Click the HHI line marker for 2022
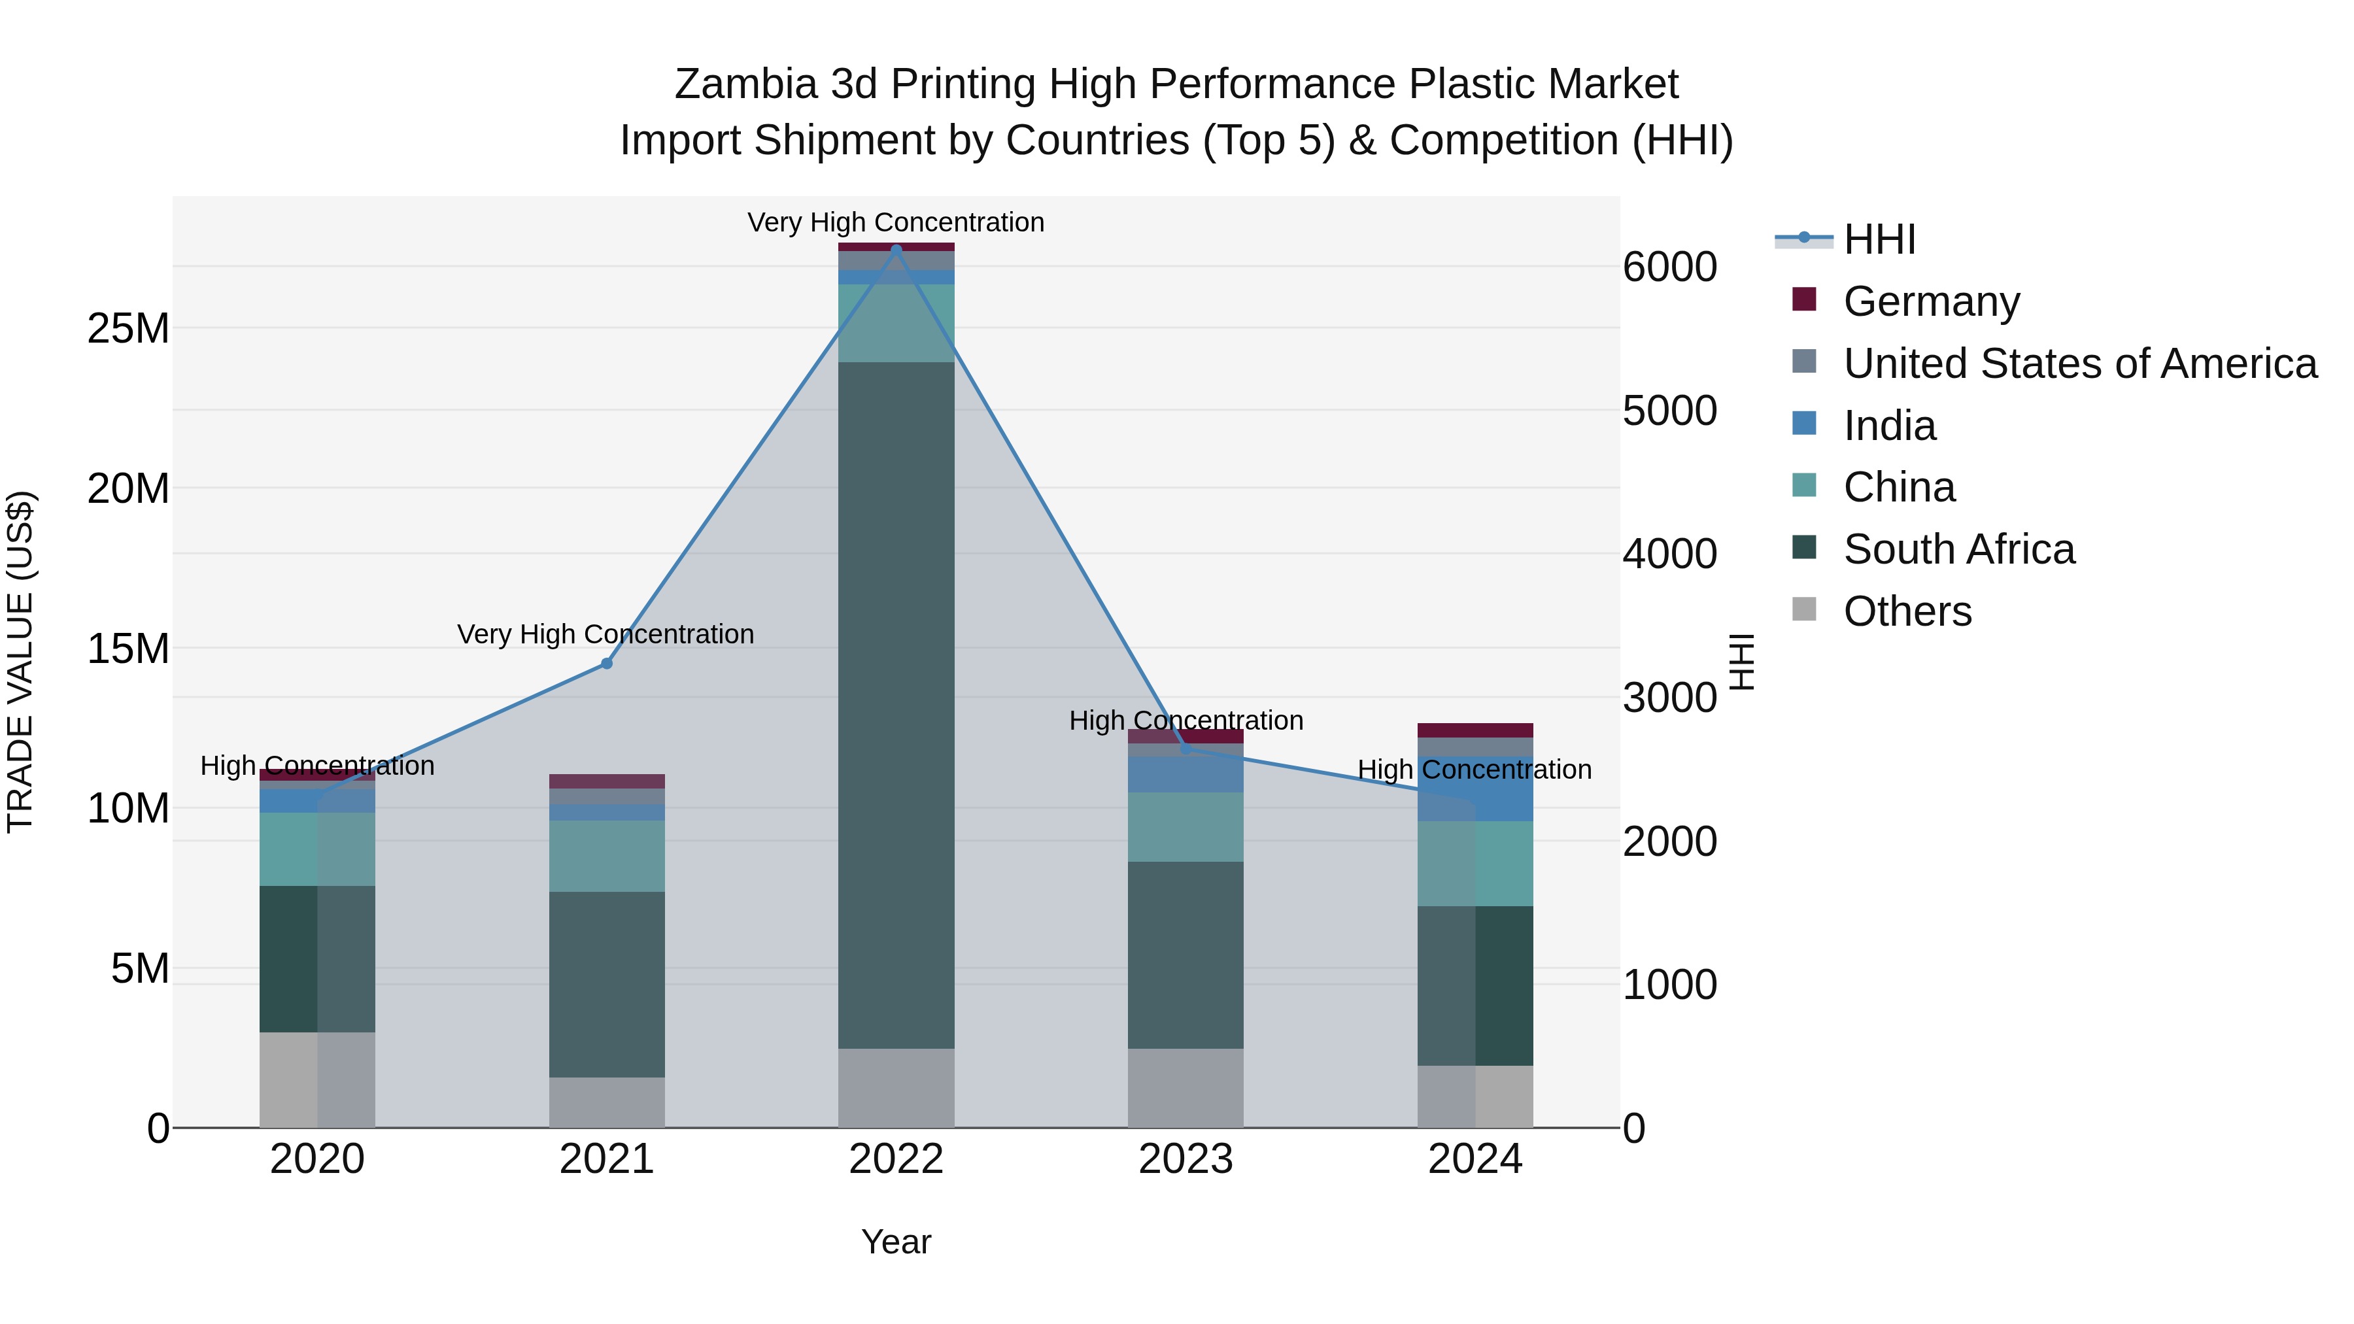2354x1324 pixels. tap(896, 248)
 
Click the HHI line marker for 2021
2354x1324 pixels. tap(606, 664)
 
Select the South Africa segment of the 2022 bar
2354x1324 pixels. tap(896, 704)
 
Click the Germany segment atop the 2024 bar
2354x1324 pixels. tap(1475, 730)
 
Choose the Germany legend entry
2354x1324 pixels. tap(1931, 301)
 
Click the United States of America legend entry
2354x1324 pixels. tap(2079, 363)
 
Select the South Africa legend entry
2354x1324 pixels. tap(1958, 549)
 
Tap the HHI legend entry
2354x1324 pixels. tap(1879, 239)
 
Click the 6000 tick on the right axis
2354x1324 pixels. tap(1669, 267)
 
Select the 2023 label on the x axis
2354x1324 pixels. tap(1186, 1159)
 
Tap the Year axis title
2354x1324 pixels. tap(896, 1242)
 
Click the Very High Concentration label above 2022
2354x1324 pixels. tap(896, 222)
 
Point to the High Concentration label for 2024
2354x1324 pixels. tap(1474, 770)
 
